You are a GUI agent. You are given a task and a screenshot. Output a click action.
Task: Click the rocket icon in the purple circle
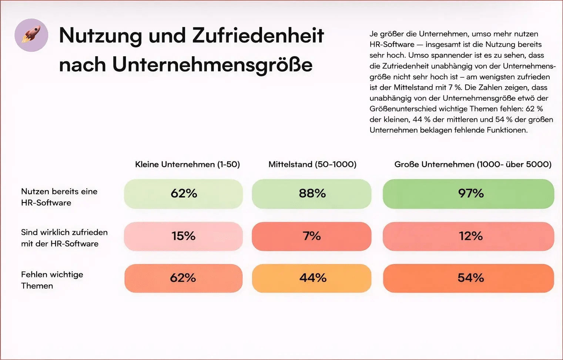[x=31, y=35]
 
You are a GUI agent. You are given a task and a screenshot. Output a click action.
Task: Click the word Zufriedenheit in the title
[x=258, y=36]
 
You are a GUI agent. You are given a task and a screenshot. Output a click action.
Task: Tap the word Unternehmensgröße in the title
[x=212, y=64]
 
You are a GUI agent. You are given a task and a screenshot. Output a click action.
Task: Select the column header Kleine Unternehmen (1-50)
[x=187, y=164]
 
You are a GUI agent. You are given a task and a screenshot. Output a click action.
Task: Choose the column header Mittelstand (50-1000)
[x=312, y=164]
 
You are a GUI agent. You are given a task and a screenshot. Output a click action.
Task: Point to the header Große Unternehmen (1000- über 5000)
[x=473, y=164]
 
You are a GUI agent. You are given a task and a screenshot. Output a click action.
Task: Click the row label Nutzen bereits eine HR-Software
[x=59, y=197]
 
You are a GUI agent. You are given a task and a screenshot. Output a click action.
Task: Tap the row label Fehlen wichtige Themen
[x=52, y=280]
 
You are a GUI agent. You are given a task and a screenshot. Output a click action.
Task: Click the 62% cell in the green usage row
[x=184, y=194]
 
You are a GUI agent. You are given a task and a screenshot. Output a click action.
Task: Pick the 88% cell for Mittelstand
[x=312, y=194]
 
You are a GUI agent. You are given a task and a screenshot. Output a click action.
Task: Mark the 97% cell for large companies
[x=469, y=194]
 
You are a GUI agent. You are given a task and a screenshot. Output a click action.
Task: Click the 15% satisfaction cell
[x=184, y=236]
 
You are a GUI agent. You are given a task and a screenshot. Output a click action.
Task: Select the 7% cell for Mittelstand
[x=312, y=236]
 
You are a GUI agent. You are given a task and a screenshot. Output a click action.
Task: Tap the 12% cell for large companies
[x=469, y=236]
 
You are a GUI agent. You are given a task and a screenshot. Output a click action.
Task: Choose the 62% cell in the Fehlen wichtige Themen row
[x=184, y=278]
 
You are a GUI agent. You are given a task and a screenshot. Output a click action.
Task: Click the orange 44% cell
[x=312, y=278]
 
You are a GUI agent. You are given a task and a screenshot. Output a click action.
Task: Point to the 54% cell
[x=469, y=278]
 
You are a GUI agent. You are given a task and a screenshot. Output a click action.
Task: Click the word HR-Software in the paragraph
[x=392, y=44]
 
